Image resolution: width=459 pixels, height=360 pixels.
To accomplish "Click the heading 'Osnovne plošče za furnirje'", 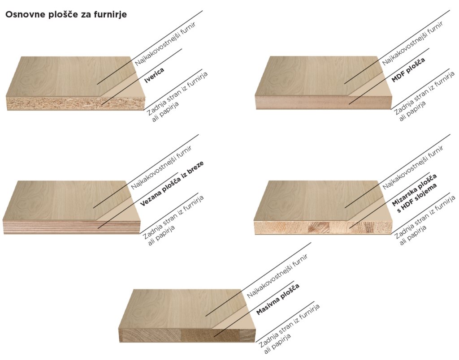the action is click(66, 15).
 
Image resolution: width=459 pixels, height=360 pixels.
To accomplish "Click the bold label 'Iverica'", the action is click(154, 75).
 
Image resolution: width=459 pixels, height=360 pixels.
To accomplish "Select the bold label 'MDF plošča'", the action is click(408, 70).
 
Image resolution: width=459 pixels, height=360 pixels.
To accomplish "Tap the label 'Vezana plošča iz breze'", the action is click(172, 184).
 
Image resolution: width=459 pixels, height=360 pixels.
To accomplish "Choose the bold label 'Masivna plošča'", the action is click(278, 299).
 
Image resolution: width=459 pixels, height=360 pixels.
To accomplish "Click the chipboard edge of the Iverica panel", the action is click(75, 103).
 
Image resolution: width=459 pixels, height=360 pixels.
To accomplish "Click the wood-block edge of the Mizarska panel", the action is click(323, 227).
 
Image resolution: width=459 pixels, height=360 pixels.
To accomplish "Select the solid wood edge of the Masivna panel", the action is click(187, 335).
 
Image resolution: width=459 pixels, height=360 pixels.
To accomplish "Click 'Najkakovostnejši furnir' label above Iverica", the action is click(165, 44).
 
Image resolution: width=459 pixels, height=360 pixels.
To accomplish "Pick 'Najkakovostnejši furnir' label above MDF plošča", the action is click(412, 43).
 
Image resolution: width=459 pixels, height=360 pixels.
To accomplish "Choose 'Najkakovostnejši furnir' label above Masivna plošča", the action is click(277, 276).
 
